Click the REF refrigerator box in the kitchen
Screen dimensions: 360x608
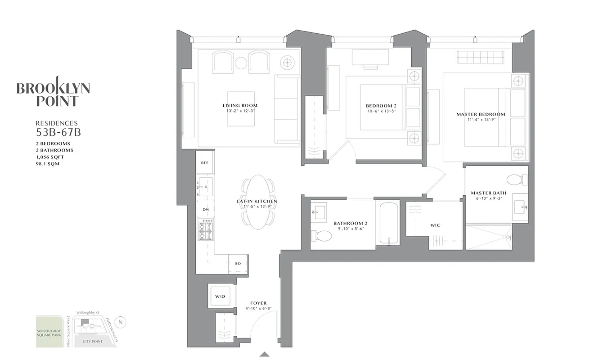point(205,162)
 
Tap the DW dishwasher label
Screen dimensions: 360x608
point(206,210)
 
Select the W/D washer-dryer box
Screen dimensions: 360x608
point(220,296)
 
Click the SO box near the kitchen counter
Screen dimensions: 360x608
point(238,263)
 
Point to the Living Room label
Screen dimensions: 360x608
point(240,106)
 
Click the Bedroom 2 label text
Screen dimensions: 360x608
point(381,106)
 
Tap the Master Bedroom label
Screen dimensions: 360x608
point(481,114)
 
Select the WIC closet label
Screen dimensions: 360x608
point(435,225)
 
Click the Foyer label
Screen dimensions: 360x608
point(259,303)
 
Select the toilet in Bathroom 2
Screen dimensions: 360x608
point(321,236)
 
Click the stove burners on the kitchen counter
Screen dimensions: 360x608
point(206,229)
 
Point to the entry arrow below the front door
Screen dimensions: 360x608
point(265,354)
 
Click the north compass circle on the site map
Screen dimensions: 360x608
point(120,322)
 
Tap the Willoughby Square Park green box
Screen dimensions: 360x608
point(49,331)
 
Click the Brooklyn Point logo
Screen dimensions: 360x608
point(53,94)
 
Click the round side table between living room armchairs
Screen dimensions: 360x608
point(241,63)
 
